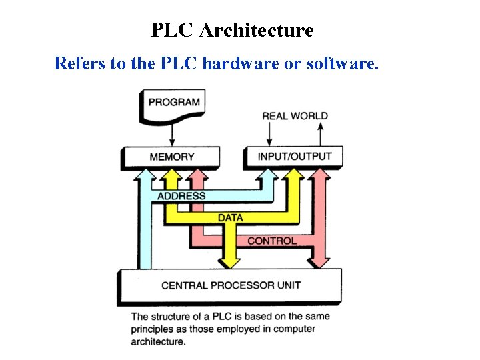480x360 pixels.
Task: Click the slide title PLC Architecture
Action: (x=232, y=31)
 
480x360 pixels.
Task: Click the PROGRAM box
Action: (x=173, y=103)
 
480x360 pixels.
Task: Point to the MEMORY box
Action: (x=171, y=157)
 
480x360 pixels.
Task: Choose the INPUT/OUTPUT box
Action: (x=294, y=157)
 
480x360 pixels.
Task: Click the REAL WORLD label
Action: (x=295, y=116)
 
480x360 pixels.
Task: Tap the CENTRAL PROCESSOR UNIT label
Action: (x=231, y=285)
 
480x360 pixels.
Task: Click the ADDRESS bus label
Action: (x=181, y=196)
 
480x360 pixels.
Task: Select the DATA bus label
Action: (x=231, y=217)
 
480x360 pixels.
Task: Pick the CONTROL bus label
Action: (x=272, y=240)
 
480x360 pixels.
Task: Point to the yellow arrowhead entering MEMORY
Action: (x=172, y=175)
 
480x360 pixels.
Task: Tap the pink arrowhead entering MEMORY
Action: (x=197, y=175)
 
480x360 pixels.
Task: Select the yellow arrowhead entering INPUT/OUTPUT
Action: (x=293, y=175)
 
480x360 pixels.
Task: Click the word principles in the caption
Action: (x=155, y=329)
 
